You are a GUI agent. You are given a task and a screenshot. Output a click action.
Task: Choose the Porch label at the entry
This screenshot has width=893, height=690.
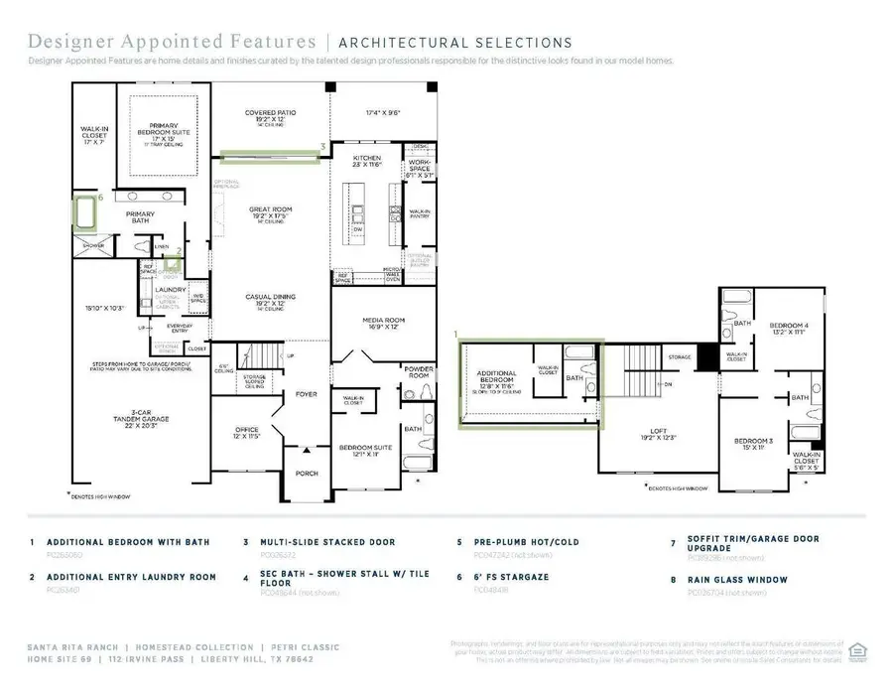[308, 473]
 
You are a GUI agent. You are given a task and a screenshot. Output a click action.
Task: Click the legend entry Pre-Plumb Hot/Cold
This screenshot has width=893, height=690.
[517, 542]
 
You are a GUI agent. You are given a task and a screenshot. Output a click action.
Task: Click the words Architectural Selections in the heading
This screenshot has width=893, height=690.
[455, 43]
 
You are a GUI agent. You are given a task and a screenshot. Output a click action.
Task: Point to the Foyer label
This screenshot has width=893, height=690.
[306, 394]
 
